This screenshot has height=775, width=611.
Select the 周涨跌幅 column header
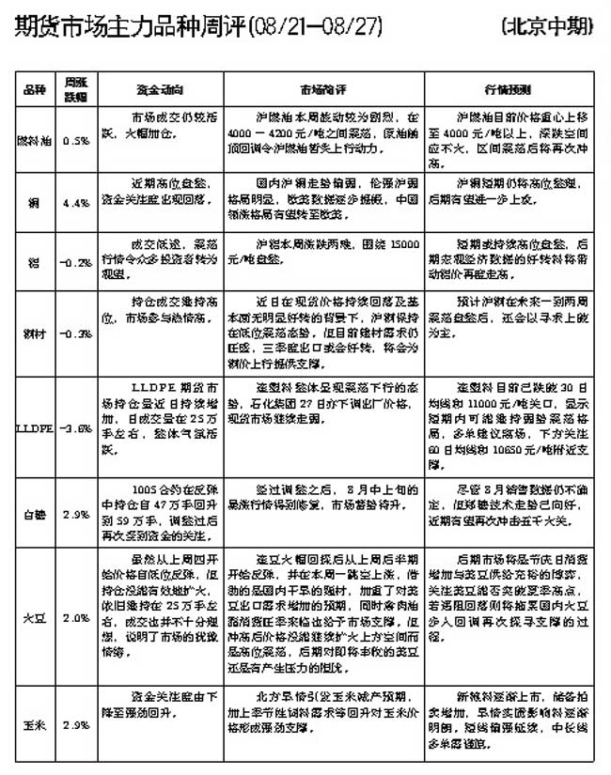point(76,89)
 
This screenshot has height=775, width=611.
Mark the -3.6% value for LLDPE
point(76,427)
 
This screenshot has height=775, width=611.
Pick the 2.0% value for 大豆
point(76,619)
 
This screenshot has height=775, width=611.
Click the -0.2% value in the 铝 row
point(76,262)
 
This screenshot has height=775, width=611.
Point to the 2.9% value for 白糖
point(76,514)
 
